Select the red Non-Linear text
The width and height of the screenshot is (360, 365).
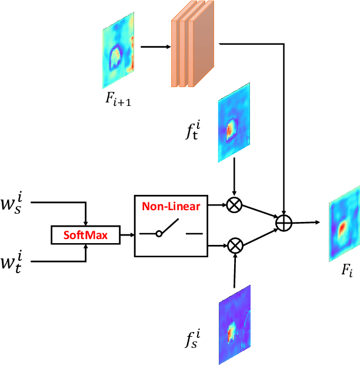pyautogui.click(x=170, y=207)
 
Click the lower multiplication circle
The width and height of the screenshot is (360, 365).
pyautogui.click(x=234, y=243)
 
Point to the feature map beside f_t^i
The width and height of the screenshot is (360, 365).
pyautogui.click(x=234, y=121)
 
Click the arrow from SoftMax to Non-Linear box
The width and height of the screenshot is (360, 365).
pyautogui.click(x=127, y=235)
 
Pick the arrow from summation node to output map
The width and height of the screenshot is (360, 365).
pyautogui.click(x=306, y=223)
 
